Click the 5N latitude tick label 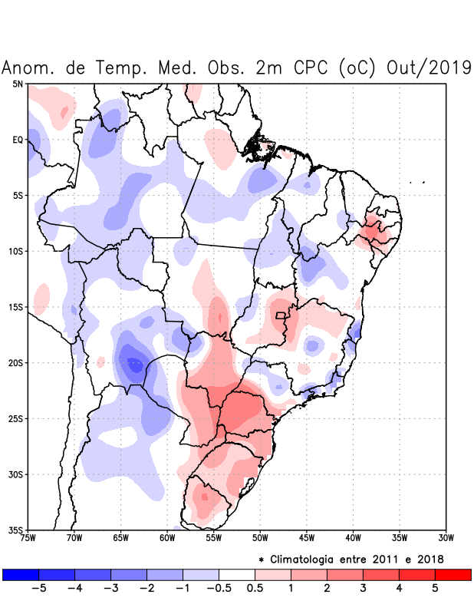17,84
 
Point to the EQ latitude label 17,140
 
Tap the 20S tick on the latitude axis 15,363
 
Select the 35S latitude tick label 15,530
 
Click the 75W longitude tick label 28,538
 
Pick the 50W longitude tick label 260,538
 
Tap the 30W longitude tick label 446,538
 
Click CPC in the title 307,68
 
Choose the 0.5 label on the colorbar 255,588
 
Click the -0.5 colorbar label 216,588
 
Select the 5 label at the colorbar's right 435,588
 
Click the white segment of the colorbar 237,574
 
